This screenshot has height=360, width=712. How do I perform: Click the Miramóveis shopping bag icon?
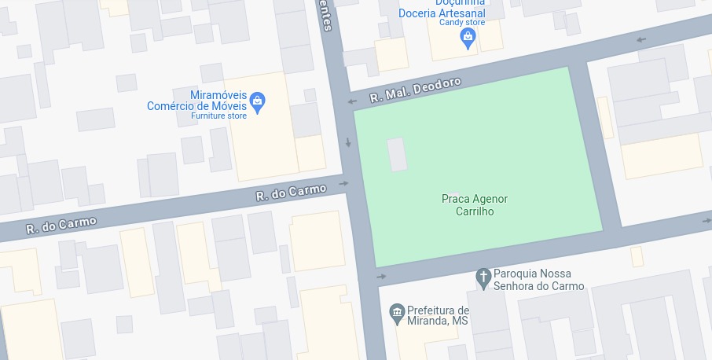258,101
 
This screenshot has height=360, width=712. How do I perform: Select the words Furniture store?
218,116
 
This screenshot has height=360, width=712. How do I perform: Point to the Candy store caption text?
461,23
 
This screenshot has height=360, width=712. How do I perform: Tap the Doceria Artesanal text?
442,13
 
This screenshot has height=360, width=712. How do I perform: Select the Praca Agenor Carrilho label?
475,205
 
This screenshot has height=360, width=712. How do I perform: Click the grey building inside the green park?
398,154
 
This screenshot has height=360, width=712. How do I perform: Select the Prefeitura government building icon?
397,314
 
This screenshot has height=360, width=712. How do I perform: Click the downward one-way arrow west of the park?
348,143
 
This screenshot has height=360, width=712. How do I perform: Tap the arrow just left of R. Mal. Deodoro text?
352,101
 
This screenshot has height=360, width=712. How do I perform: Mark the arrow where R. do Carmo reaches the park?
343,184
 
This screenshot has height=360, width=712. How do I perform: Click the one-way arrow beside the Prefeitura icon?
382,277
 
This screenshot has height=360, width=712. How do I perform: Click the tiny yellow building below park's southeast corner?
637,256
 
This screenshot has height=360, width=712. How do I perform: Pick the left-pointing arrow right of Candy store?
641,39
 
